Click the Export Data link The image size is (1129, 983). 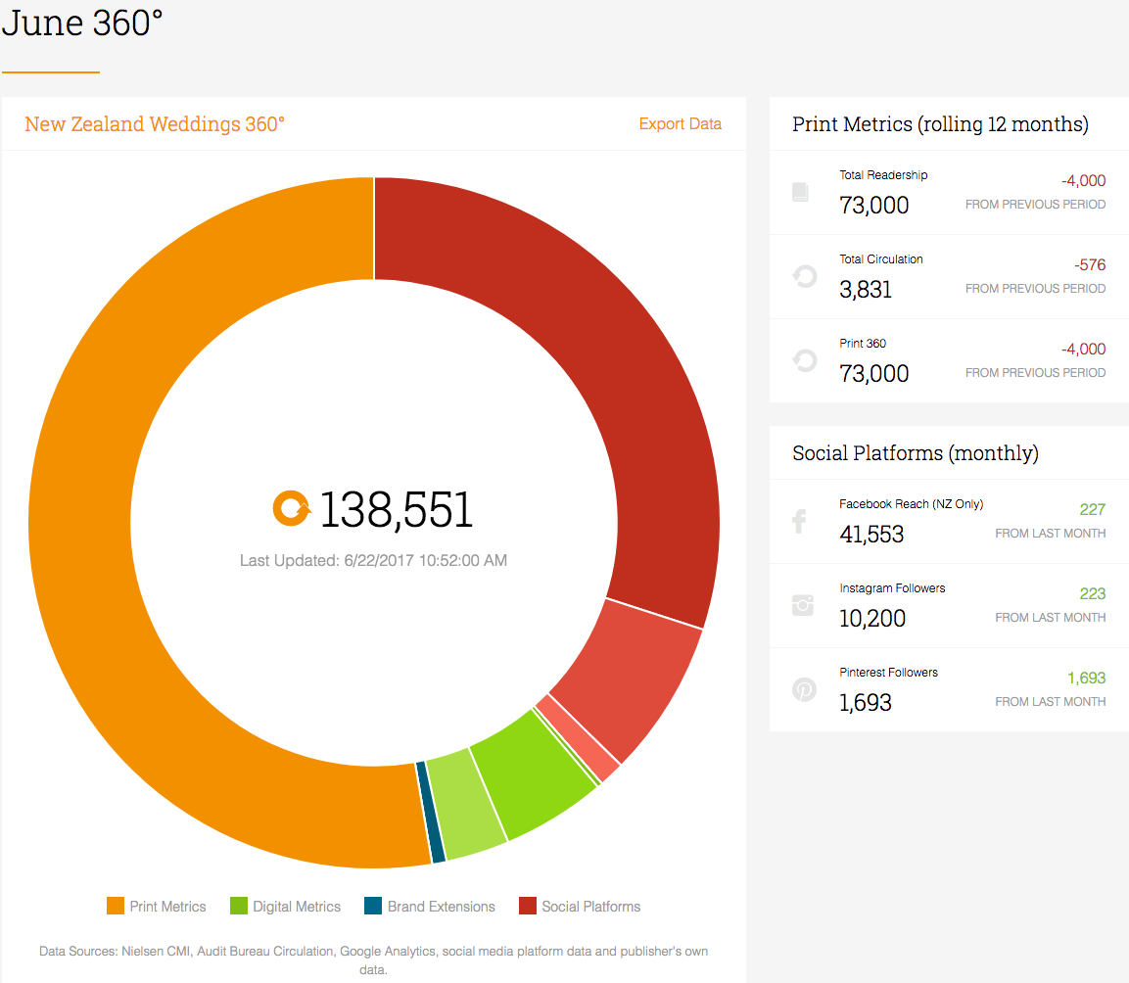click(680, 124)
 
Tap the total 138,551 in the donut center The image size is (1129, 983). click(396, 510)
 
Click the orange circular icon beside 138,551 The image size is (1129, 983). click(291, 508)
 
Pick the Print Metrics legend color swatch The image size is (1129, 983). click(116, 906)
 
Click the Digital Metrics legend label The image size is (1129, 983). click(297, 907)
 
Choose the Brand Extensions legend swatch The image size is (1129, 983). click(373, 906)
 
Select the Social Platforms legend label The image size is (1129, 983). click(591, 907)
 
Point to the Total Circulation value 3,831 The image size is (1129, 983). click(866, 290)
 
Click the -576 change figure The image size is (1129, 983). click(1090, 265)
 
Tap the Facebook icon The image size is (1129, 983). click(799, 522)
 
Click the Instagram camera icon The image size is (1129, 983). click(803, 605)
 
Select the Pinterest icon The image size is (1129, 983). click(804, 689)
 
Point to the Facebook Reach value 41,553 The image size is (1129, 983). click(871, 535)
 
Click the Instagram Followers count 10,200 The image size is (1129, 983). click(871, 619)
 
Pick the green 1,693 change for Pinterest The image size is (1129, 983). click(1087, 679)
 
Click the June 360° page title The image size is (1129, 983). click(82, 23)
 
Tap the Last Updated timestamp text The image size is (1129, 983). click(373, 560)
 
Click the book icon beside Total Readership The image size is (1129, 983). click(800, 192)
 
